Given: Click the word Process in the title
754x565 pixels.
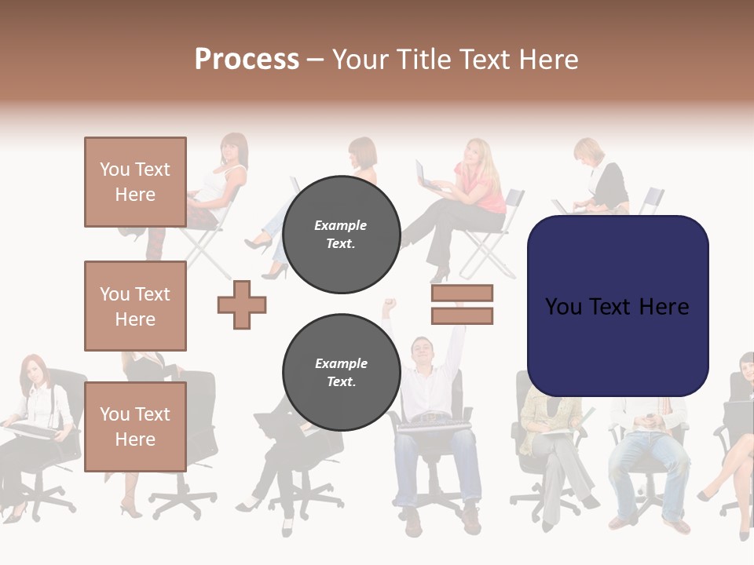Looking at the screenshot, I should pyautogui.click(x=247, y=60).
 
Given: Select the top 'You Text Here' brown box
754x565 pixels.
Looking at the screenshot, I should pyautogui.click(x=135, y=182).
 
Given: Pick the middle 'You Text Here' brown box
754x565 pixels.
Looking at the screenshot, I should pyautogui.click(x=135, y=306).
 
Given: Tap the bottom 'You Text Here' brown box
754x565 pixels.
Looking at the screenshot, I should pyautogui.click(x=135, y=426).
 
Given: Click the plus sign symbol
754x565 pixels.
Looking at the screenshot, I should pyautogui.click(x=242, y=304).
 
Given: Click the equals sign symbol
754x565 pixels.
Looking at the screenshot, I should pyautogui.click(x=462, y=304).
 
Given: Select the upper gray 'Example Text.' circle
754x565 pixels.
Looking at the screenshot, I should pyautogui.click(x=341, y=234).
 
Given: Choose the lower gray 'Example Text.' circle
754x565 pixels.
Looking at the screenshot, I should pyautogui.click(x=341, y=372).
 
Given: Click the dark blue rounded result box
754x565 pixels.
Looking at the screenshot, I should pyautogui.click(x=617, y=306).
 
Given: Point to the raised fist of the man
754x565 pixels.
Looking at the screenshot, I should pyautogui.click(x=388, y=304).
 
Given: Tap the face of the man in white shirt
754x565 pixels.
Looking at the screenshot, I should pyautogui.click(x=423, y=350).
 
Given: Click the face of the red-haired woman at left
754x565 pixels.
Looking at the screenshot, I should pyautogui.click(x=32, y=371).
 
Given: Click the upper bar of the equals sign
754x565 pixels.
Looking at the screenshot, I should pyautogui.click(x=462, y=293).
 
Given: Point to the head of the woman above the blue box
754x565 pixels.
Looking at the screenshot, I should pyautogui.click(x=588, y=151).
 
